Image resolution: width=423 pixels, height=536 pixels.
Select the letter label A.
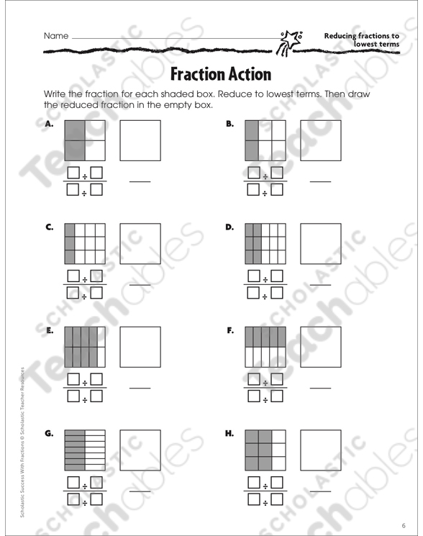click(49, 124)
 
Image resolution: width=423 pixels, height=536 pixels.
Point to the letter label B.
click(229, 124)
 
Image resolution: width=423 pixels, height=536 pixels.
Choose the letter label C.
click(49, 227)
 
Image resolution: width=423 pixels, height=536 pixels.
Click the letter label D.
click(229, 227)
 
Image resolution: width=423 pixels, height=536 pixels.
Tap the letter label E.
click(50, 330)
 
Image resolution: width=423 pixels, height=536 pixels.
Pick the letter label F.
click(230, 330)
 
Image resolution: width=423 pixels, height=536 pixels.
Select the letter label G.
click(49, 433)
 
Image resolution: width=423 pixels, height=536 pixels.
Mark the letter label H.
click(229, 433)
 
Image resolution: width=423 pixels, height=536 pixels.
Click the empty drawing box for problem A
click(140, 140)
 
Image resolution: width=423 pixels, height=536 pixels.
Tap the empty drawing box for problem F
click(321, 347)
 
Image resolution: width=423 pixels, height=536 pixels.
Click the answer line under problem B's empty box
click(321, 181)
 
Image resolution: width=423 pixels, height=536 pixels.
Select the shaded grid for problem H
click(265, 450)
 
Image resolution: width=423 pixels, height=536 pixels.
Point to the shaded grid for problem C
click(85, 244)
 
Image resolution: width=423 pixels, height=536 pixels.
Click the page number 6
click(404, 525)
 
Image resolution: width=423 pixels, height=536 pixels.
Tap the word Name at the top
click(56, 36)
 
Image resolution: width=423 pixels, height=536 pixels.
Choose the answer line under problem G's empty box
click(140, 491)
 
